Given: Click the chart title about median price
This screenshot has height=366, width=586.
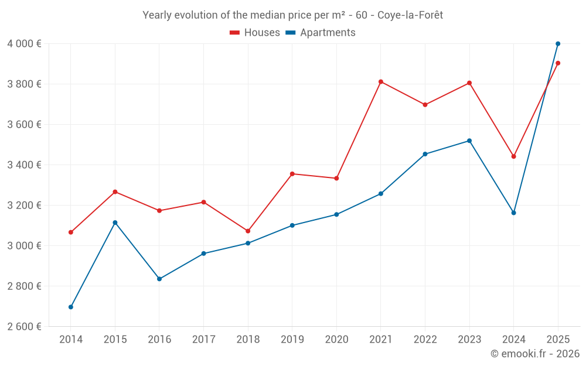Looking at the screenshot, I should pos(292,15).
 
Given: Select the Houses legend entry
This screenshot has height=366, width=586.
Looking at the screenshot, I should pos(255,33).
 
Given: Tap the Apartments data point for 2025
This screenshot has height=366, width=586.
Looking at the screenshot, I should pos(558,44).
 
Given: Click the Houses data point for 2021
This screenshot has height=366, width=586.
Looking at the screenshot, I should pos(381,82).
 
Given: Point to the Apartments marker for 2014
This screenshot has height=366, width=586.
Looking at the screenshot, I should pos(71,307).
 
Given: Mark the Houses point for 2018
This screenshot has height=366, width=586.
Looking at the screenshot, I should pos(248,231).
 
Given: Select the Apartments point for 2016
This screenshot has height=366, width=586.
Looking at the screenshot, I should pos(159,279).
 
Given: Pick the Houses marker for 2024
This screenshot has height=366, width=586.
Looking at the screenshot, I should pos(514,156).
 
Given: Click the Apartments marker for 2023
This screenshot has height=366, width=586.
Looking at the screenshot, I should pos(469,141).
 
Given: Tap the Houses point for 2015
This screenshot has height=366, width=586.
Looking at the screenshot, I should pos(115,192).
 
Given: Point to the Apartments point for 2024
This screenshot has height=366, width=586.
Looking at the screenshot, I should pos(514,213).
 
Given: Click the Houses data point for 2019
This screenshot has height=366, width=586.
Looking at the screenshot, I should pos(292,174).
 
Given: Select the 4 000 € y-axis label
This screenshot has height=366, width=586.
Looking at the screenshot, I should pos(24,44).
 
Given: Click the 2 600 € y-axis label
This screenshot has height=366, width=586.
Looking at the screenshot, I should pos(24,327).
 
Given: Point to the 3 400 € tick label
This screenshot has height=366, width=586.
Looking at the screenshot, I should pos(24,165).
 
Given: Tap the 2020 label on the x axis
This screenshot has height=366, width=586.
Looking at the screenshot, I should pos(336,340).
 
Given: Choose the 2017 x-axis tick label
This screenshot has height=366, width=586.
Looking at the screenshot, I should pos(203,340).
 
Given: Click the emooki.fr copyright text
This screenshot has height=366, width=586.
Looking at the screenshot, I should pos(534,354).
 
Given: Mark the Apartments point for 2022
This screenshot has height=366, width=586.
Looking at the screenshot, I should pos(425,154).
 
